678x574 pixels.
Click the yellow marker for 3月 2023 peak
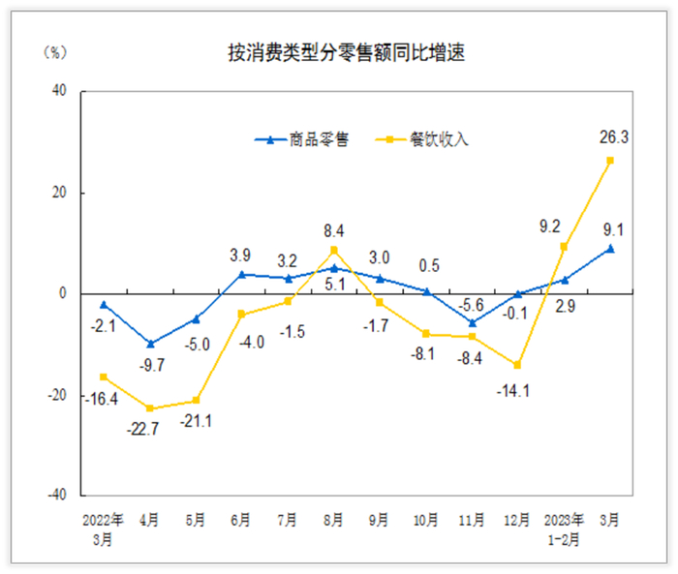pyautogui.click(x=610, y=161)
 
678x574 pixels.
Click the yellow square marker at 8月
pyautogui.click(x=333, y=251)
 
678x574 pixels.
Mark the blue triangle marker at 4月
pyautogui.click(x=149, y=343)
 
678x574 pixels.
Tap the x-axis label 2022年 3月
pyautogui.click(x=104, y=527)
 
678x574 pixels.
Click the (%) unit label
pyautogui.click(x=56, y=52)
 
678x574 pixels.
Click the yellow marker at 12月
pyautogui.click(x=518, y=365)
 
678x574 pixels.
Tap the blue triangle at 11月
pyautogui.click(x=472, y=322)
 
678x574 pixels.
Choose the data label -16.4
pyautogui.click(x=102, y=398)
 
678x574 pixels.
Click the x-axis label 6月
pyautogui.click(x=241, y=520)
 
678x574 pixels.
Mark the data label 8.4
pyautogui.click(x=333, y=230)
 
